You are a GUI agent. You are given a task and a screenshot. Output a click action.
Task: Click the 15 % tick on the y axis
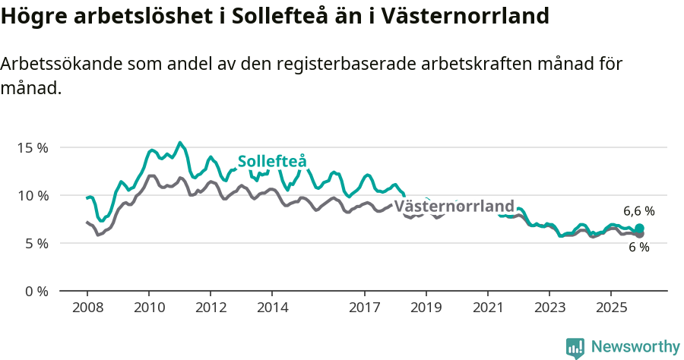pos(32,147)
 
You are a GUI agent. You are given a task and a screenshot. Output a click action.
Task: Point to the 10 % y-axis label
pos(32,195)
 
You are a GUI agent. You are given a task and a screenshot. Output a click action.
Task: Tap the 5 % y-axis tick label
pos(36,243)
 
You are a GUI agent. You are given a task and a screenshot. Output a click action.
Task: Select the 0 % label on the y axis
pos(36,291)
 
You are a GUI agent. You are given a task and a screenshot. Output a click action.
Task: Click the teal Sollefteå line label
pos(271,162)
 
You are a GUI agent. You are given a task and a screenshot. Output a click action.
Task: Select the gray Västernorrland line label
pos(454,207)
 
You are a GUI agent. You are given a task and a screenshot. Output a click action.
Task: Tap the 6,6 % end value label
pos(639,211)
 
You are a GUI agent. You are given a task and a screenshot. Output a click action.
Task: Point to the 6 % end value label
pos(639,248)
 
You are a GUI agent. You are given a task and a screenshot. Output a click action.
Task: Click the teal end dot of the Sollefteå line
pos(639,229)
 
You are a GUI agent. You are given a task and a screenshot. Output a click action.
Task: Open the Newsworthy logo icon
pos(575,347)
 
